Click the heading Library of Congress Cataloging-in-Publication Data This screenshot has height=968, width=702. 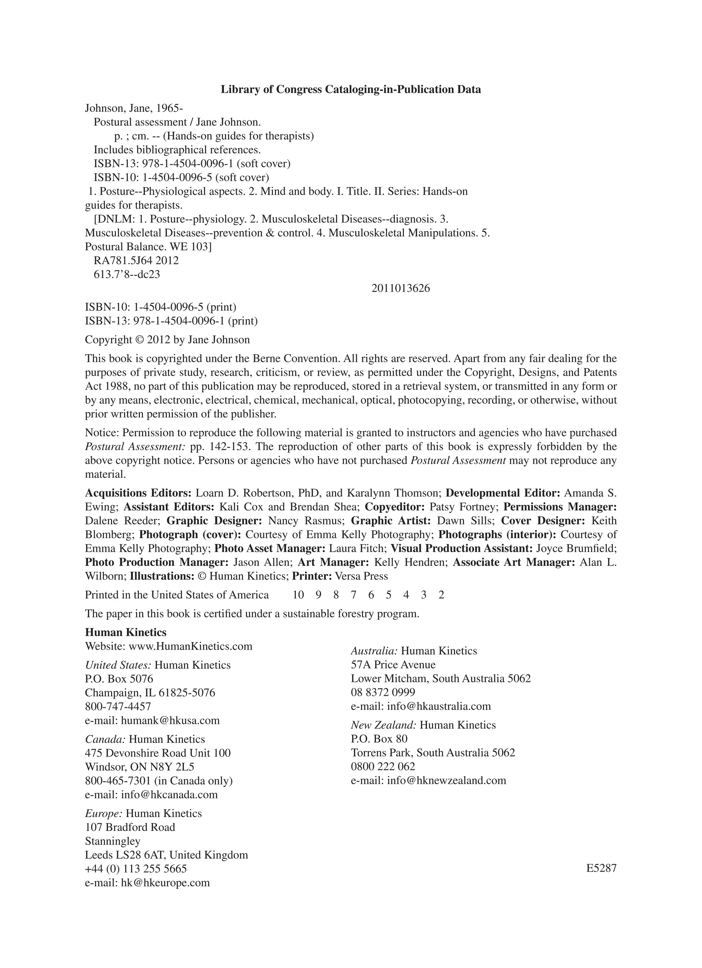(x=350, y=89)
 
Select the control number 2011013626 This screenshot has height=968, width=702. (x=400, y=289)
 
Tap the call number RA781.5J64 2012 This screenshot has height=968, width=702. (x=136, y=261)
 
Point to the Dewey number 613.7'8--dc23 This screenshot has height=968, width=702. (x=127, y=275)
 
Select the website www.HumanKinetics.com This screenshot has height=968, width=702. (x=190, y=646)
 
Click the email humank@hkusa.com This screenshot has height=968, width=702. (x=170, y=721)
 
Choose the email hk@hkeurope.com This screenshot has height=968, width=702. (x=165, y=883)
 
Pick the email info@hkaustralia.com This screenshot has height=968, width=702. (x=439, y=706)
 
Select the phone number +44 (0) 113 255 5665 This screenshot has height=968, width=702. (x=136, y=869)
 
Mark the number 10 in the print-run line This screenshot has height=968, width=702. (x=298, y=595)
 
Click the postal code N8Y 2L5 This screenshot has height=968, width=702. (x=171, y=767)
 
